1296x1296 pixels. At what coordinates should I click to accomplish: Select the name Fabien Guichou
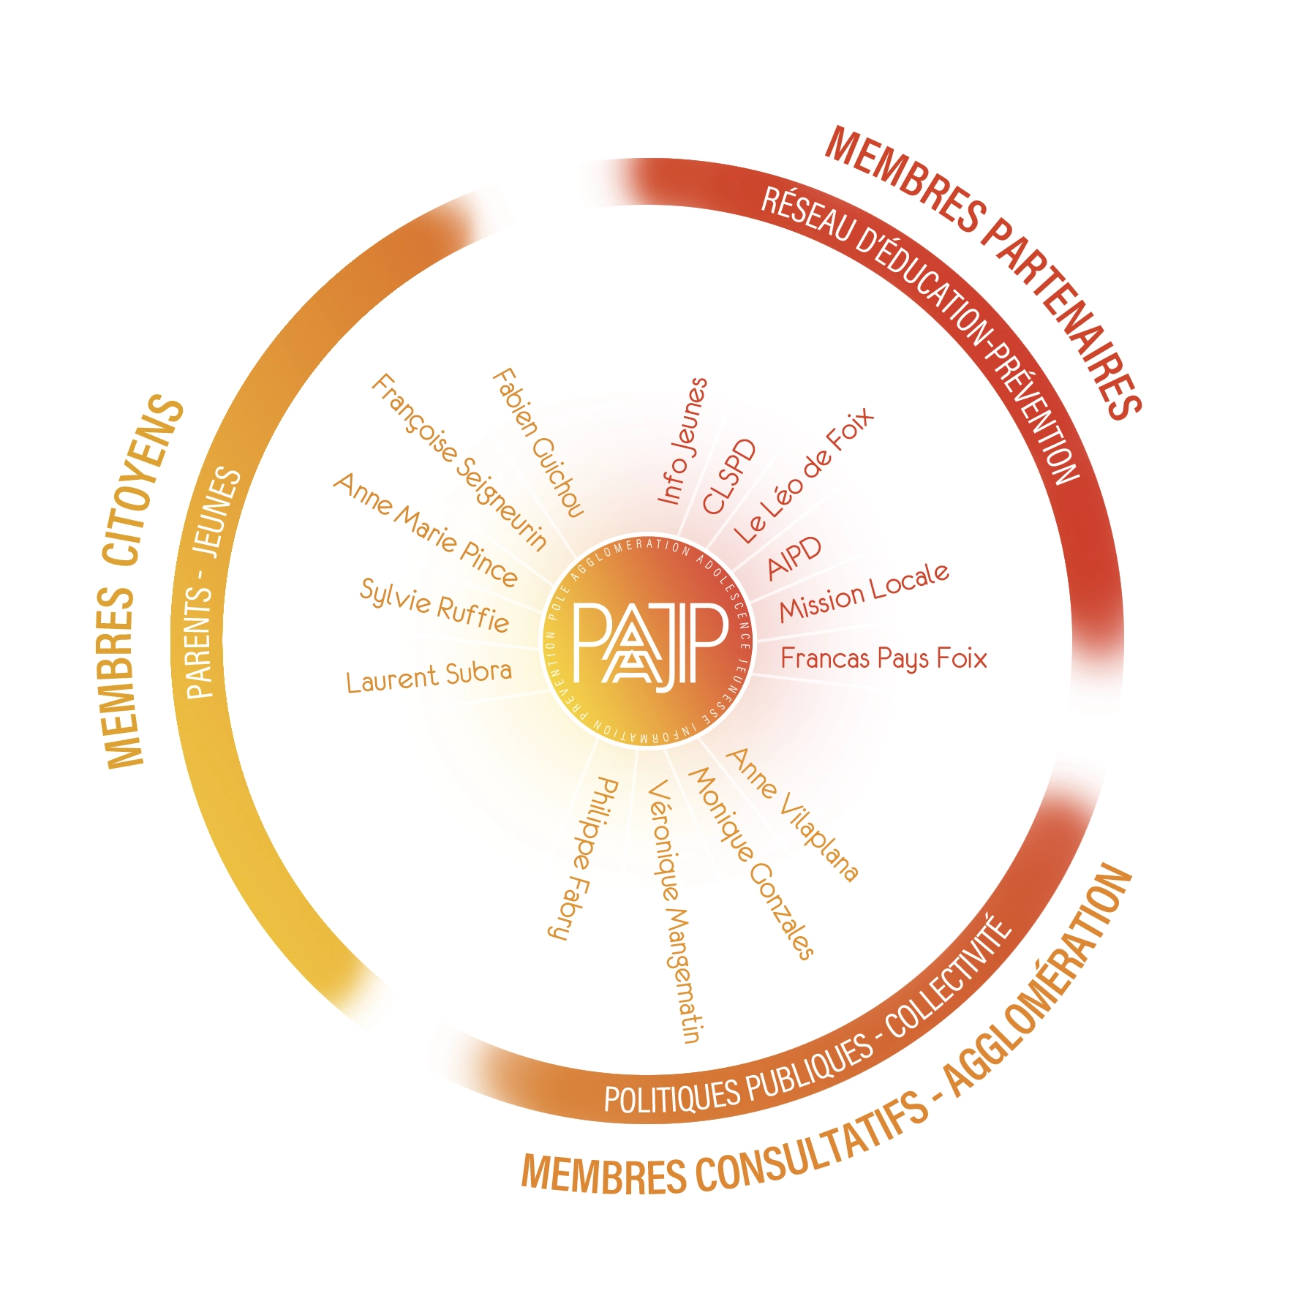pos(538,443)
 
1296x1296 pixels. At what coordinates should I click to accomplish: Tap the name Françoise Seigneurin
pos(459,462)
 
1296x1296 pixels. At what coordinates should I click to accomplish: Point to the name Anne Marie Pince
pos(426,530)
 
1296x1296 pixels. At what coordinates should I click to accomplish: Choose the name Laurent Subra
pos(429,676)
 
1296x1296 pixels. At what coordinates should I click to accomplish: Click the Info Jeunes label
pos(683,441)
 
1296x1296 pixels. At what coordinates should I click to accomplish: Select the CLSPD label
pos(728,477)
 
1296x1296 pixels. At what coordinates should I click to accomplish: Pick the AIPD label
pos(794,557)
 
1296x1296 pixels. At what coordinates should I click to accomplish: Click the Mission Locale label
pos(864,592)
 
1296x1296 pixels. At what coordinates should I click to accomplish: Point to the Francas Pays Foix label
pos(884,658)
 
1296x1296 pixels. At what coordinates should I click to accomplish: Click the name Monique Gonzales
pos(751,863)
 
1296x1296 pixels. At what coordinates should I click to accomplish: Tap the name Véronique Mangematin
pos(675,911)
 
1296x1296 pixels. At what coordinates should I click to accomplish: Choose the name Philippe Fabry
pos(583,859)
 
